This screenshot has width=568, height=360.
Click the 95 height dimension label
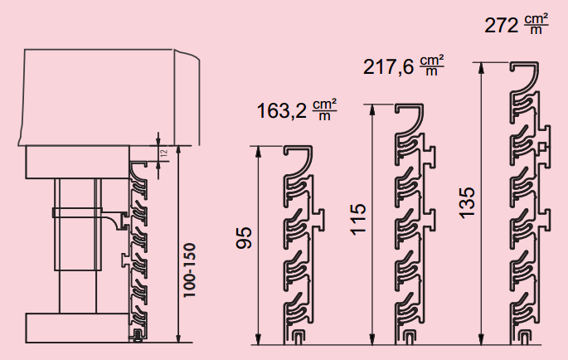244,238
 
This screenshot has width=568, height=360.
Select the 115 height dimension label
358,219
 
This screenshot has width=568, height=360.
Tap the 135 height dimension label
468,202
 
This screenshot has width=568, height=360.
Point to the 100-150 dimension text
189,270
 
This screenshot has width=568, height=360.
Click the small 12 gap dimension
164,153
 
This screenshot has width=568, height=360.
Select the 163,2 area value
281,110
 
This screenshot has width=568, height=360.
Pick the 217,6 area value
388,67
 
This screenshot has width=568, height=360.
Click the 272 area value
502,26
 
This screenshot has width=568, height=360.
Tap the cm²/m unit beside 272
536,24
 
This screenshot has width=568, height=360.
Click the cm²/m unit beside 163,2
324,109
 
